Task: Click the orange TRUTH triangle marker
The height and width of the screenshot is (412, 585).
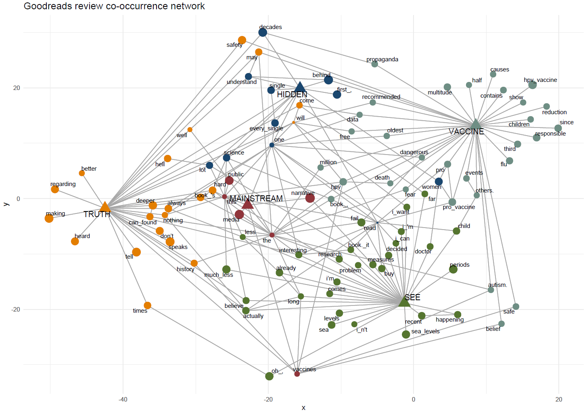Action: [105, 207]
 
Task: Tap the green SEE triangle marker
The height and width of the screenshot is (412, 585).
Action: [404, 301]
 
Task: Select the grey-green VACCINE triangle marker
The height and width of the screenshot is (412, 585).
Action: [476, 124]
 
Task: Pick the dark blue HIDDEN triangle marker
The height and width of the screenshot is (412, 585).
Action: [299, 87]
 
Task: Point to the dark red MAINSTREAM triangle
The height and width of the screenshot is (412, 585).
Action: [247, 204]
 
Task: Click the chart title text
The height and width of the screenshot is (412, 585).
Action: [114, 6]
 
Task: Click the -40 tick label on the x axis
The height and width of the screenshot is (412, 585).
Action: [123, 399]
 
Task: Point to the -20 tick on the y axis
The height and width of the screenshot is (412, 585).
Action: [16, 310]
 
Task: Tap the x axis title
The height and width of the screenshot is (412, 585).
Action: [303, 408]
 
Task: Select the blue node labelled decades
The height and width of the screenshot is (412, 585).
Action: [263, 33]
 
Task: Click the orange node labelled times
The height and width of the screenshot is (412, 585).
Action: [148, 305]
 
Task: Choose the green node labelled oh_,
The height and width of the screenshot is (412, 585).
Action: [269, 376]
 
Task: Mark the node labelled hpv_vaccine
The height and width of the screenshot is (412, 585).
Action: [533, 85]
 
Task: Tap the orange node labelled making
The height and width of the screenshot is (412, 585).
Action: [49, 218]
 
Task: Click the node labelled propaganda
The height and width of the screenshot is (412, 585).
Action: [375, 64]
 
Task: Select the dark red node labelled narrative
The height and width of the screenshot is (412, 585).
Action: [310, 198]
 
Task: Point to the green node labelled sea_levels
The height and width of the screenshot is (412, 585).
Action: [406, 334]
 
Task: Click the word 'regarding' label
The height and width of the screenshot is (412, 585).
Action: [63, 184]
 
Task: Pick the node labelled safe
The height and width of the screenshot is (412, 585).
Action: [516, 307]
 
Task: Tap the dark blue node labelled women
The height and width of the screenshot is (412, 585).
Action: [439, 182]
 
